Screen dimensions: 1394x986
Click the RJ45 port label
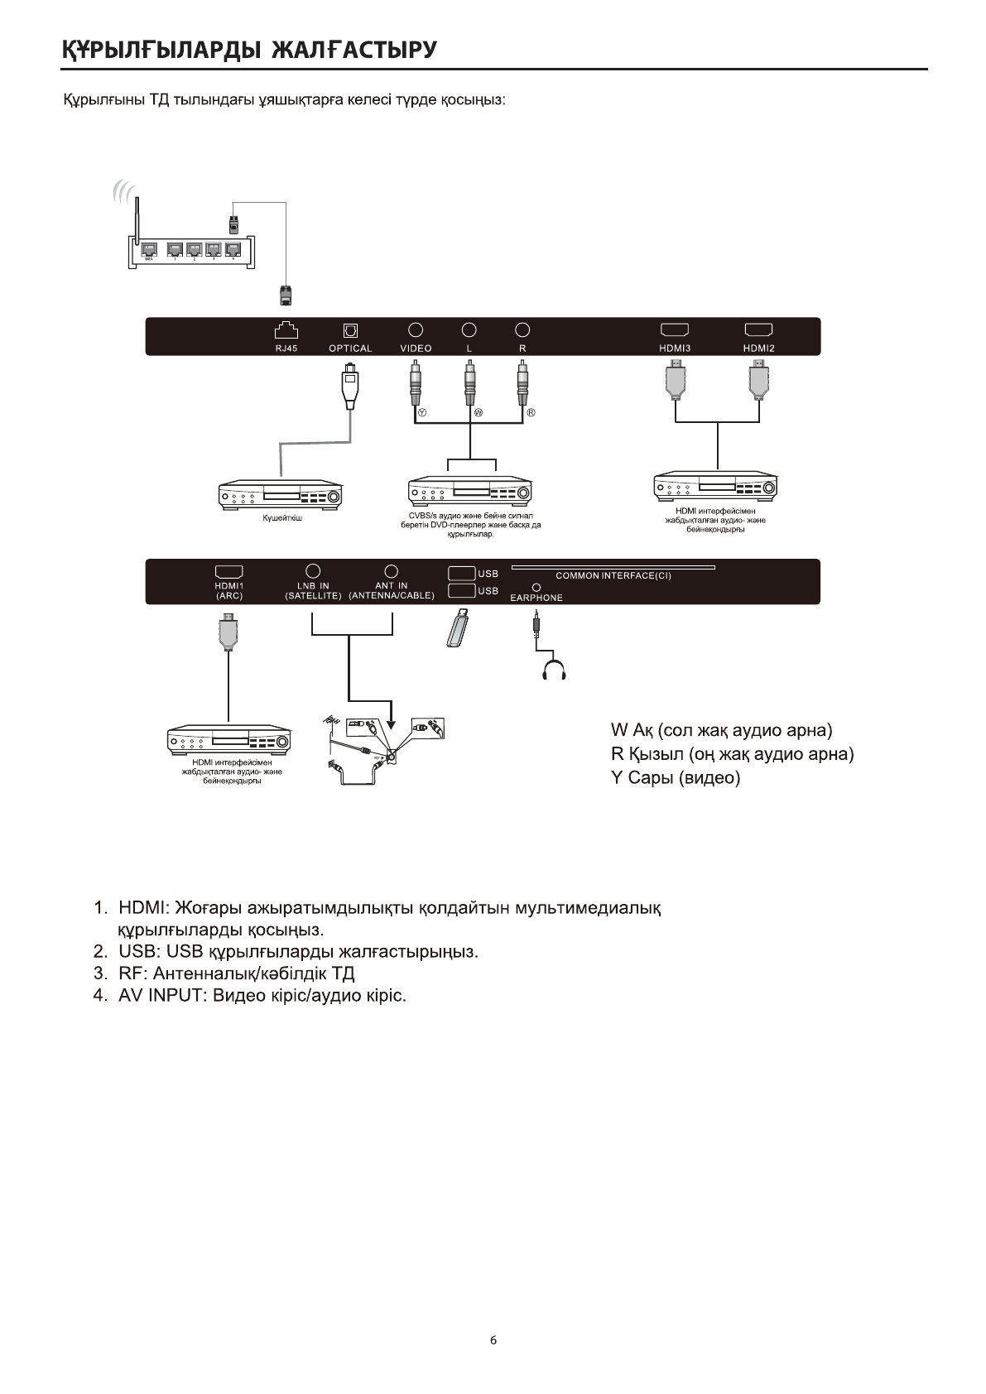[x=286, y=348]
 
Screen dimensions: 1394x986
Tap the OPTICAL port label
[x=350, y=348]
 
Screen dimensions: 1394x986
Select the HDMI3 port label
[x=675, y=348]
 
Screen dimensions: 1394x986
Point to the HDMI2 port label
[x=758, y=348]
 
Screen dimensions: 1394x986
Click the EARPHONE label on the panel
[x=536, y=598]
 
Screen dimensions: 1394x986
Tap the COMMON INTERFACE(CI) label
[x=613, y=575]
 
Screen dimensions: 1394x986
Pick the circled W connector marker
[x=478, y=412]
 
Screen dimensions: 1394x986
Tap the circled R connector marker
[x=531, y=412]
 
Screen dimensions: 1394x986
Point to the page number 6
[x=493, y=1341]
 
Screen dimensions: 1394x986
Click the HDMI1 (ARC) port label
[x=228, y=590]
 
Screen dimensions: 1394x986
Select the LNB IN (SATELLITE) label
[x=313, y=590]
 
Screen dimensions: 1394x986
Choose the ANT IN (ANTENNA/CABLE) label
[x=392, y=590]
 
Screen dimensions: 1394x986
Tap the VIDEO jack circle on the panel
[x=416, y=329]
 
